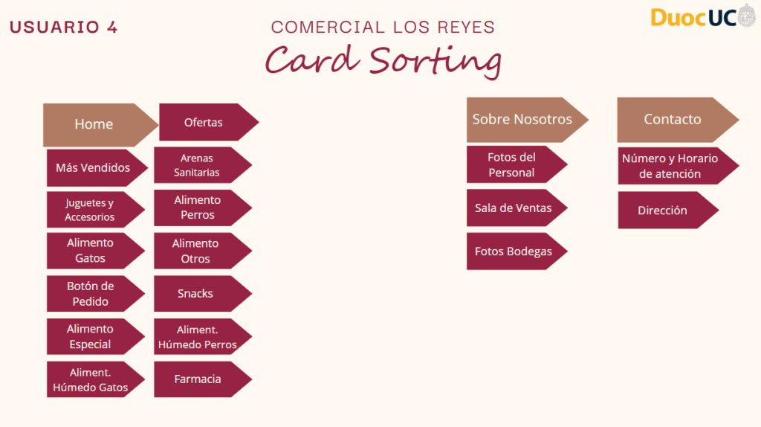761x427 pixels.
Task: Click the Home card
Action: point(94,124)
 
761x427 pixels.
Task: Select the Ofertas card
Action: point(204,122)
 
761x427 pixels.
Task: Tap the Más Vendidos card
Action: point(93,167)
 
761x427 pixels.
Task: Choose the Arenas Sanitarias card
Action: point(197,165)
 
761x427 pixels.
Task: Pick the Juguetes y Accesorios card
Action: point(90,210)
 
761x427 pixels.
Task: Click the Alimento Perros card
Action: point(198,208)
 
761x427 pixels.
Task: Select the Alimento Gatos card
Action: point(91,251)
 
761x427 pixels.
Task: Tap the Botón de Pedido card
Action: point(91,294)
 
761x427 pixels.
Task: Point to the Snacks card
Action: point(195,294)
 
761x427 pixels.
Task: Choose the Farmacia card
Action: point(198,379)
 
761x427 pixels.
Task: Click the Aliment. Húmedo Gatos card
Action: point(91,379)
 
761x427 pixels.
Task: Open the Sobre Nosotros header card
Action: point(522,119)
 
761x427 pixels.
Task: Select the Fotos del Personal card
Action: point(511,164)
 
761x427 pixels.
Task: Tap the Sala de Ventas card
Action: point(514,208)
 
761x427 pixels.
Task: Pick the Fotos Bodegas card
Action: point(514,251)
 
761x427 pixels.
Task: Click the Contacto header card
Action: point(673,119)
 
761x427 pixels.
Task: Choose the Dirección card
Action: point(662,211)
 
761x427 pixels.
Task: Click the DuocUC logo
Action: point(702,16)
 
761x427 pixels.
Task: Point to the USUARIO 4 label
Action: point(63,28)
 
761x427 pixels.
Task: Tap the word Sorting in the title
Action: point(435,60)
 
